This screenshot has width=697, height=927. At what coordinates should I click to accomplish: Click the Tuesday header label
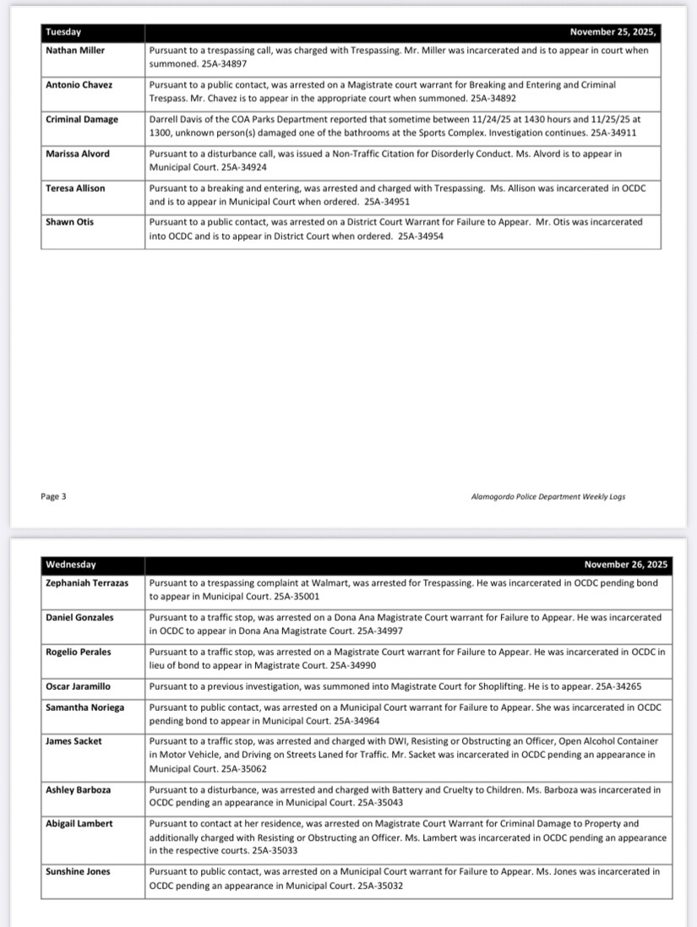point(63,32)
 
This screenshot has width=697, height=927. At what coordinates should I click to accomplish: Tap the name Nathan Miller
point(75,51)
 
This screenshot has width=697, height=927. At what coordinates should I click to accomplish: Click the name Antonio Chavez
point(79,85)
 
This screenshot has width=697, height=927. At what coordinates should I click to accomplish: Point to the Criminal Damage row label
point(82,120)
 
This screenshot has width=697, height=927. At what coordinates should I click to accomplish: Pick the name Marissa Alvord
point(78,154)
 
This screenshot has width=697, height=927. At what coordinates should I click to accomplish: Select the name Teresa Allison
point(76,188)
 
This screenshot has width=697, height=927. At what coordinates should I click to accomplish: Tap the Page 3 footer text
point(53,496)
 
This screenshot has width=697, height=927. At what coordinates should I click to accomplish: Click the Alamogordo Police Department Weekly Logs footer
point(548,497)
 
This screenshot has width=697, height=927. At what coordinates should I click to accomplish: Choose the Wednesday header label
point(71,565)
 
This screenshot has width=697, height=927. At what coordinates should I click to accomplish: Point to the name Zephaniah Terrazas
point(87,583)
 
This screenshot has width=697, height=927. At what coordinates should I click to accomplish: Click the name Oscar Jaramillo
point(78,686)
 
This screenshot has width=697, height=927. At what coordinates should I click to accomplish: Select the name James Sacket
point(74,741)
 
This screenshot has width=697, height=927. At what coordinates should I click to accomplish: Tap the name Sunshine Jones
point(78,871)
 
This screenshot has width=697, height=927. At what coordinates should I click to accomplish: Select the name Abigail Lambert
point(79,823)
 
